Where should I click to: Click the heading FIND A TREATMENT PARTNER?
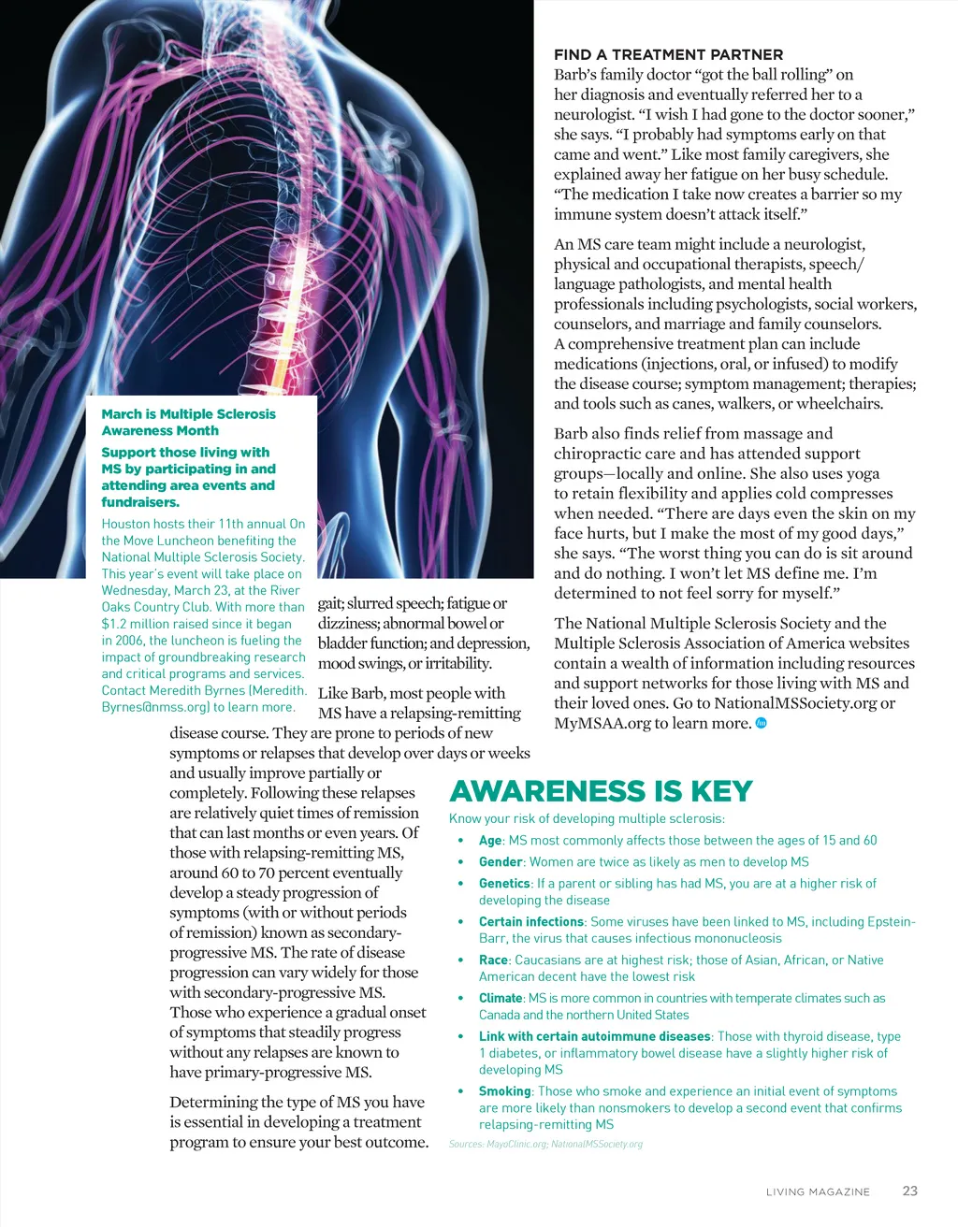tap(668, 55)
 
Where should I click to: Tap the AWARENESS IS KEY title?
tap(601, 791)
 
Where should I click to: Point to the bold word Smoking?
tap(505, 1091)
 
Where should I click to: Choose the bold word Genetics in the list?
tap(504, 884)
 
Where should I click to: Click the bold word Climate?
tap(501, 999)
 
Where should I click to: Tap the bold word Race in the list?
tap(493, 960)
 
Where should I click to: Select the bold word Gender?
tap(501, 862)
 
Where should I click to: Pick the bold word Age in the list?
tap(490, 841)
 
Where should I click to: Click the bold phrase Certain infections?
tap(531, 922)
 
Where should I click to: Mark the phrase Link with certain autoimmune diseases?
tap(594, 1037)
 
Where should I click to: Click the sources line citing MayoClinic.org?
tap(545, 1145)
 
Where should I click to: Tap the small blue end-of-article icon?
tap(761, 723)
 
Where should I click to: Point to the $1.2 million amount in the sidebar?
tap(136, 624)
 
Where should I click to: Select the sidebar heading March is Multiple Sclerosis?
tap(188, 414)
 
